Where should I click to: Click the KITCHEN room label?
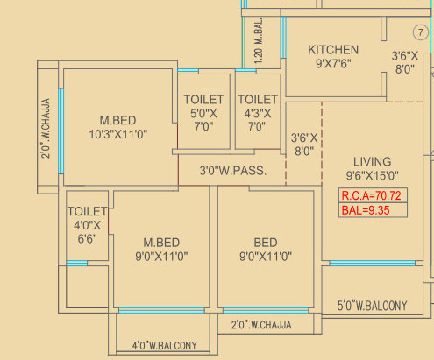[x=333, y=50]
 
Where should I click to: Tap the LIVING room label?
[x=372, y=162]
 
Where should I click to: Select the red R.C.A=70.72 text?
[x=372, y=195]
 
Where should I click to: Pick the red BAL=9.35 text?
[x=366, y=210]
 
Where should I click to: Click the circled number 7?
[x=421, y=32]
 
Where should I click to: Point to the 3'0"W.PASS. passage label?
[x=233, y=171]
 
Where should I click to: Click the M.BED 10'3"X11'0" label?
[x=117, y=128]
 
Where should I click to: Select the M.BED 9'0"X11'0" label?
[x=161, y=250]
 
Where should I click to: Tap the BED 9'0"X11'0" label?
[x=266, y=250]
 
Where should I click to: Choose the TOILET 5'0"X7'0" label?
[x=203, y=113]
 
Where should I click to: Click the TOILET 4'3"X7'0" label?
[x=258, y=113]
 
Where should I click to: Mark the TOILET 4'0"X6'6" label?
[x=87, y=225]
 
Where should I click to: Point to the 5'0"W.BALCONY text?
[x=372, y=306]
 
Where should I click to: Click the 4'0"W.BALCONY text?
[x=165, y=346]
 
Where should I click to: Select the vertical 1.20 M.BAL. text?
[x=259, y=40]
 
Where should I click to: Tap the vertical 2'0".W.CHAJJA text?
[x=46, y=129]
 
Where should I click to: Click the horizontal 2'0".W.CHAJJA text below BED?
[x=261, y=325]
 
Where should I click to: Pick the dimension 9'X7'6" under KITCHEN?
[x=333, y=63]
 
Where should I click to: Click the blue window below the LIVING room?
[x=372, y=264]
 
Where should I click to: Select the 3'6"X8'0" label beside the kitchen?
[x=405, y=62]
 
